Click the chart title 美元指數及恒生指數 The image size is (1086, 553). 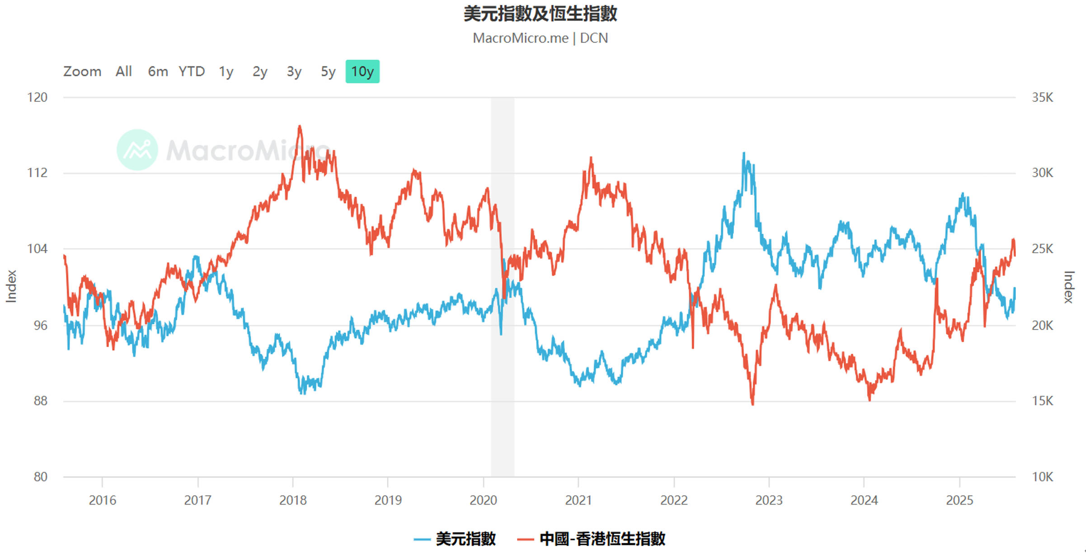click(x=540, y=14)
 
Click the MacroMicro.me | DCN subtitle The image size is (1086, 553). click(x=540, y=38)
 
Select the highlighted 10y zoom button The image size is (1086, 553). click(x=362, y=71)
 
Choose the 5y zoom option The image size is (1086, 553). click(x=328, y=71)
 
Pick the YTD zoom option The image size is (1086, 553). click(x=192, y=71)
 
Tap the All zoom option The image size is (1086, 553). click(x=123, y=71)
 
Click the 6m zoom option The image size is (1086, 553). click(x=158, y=71)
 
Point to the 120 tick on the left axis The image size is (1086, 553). click(x=37, y=97)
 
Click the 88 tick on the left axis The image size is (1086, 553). click(x=40, y=401)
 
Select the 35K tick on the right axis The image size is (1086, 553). click(x=1042, y=97)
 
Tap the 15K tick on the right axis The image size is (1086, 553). click(x=1042, y=401)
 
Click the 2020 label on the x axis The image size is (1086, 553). click(x=483, y=500)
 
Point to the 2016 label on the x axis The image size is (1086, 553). click(x=102, y=500)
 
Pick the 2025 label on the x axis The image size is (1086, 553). click(x=959, y=500)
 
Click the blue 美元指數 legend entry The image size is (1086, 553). click(x=456, y=539)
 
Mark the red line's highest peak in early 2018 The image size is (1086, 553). click(x=300, y=127)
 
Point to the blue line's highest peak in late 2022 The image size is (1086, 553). click(x=744, y=154)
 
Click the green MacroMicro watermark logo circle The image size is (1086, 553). click(x=137, y=150)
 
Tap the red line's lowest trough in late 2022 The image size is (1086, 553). click(x=752, y=404)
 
